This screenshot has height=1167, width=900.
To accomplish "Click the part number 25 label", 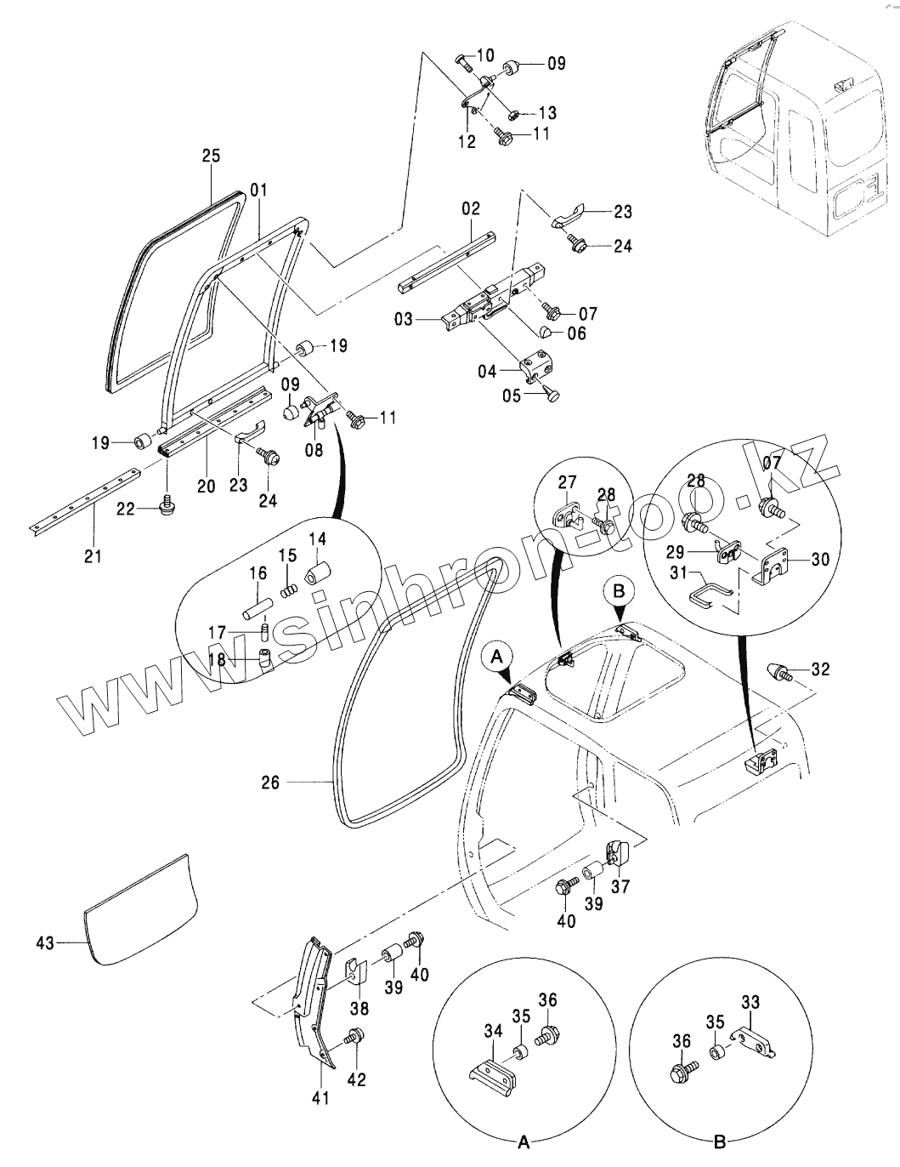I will coord(211,156).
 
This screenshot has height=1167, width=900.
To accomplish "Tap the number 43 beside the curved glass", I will coord(46,942).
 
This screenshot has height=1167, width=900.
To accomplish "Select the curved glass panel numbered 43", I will coord(140,910).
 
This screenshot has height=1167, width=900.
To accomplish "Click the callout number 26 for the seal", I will coord(270,783).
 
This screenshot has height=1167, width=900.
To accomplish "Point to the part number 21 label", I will coord(93,556).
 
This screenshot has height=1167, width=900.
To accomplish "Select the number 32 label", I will coord(820,669).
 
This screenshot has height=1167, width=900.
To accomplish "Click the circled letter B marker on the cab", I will coord(618,589).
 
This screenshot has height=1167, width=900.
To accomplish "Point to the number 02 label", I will coord(471,208).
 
